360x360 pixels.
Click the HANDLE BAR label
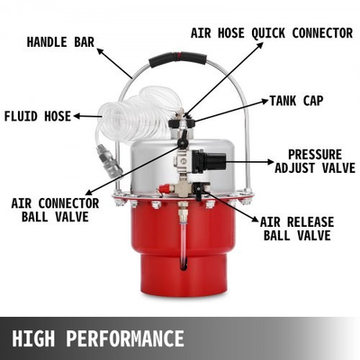60,41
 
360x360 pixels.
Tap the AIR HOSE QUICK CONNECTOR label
272,33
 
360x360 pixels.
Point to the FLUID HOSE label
37,116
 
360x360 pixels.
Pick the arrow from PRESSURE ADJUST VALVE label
247,163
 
